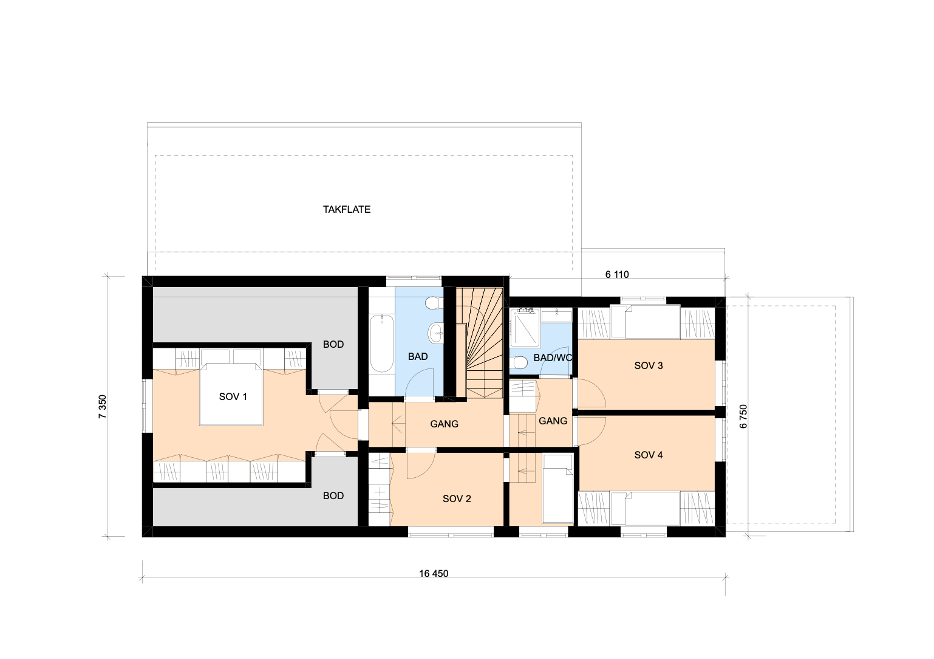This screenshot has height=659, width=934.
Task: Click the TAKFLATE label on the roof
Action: [x=346, y=209]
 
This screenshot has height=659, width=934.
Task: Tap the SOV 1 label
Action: [x=233, y=396]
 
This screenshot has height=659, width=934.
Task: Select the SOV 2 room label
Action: [x=457, y=499]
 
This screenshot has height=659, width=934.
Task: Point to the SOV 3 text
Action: [x=648, y=365]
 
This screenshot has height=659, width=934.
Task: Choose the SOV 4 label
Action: [x=648, y=455]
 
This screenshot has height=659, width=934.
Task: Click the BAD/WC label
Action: [x=552, y=357]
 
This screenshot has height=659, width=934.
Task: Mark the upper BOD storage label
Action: [x=333, y=344]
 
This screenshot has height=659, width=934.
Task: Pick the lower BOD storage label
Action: [x=333, y=495]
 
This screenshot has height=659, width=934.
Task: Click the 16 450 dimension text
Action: [x=433, y=573]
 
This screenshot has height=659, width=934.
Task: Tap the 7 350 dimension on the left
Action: [x=103, y=407]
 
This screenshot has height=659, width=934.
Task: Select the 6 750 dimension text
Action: [x=743, y=416]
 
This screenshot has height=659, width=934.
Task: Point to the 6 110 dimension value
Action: [x=616, y=274]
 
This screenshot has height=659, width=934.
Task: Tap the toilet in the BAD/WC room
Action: [x=519, y=362]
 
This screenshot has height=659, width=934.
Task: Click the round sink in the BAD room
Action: [x=435, y=332]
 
